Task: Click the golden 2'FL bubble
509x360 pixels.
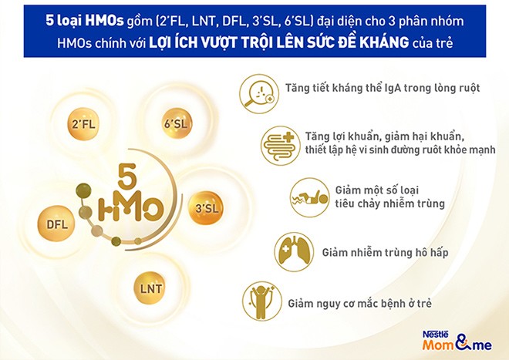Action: click(83, 124)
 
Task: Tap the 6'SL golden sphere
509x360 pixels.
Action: click(177, 123)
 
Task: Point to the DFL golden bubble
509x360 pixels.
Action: click(56, 224)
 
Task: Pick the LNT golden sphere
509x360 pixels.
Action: click(150, 288)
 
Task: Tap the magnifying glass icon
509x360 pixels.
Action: click(258, 93)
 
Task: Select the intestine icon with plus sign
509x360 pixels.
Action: click(280, 146)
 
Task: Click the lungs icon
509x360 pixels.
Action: click(294, 252)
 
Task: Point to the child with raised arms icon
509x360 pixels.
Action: click(262, 301)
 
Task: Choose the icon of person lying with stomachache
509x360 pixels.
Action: click(309, 197)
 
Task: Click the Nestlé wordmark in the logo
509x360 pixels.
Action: click(435, 335)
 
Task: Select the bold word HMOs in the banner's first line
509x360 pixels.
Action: click(104, 21)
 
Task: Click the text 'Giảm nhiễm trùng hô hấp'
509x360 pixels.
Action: click(385, 252)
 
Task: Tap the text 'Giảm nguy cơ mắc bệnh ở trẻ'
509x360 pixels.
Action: click(359, 303)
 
